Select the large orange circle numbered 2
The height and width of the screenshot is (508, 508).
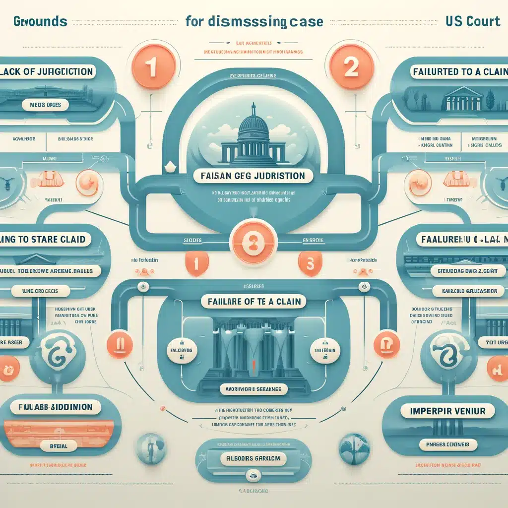(x=351, y=67)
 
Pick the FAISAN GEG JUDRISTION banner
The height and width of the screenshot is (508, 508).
(x=254, y=176)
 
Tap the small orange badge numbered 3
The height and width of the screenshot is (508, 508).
(x=311, y=263)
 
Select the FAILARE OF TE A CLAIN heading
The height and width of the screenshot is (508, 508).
(x=254, y=301)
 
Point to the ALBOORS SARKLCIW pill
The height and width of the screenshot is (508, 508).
(x=254, y=459)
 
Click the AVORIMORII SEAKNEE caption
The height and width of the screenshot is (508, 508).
(x=253, y=389)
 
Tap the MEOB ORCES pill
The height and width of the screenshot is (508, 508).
(x=45, y=105)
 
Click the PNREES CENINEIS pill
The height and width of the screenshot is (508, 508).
(x=447, y=444)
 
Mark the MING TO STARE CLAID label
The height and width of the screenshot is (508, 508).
(x=47, y=239)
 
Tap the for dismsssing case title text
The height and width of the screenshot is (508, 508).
(x=254, y=22)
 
